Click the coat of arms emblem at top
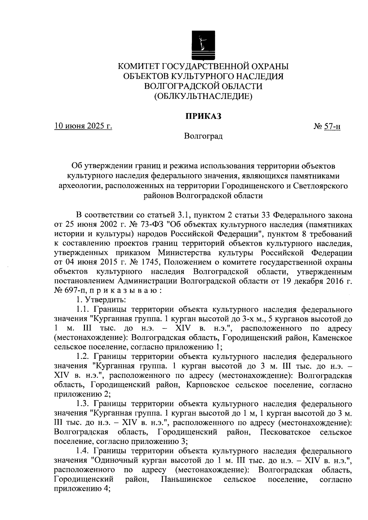[x=203, y=45]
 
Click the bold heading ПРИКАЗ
[x=203, y=117]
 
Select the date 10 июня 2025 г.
[x=83, y=126]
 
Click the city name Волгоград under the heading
[x=203, y=136]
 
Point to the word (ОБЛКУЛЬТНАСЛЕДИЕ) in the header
[x=203, y=97]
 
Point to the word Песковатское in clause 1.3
[x=285, y=432]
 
